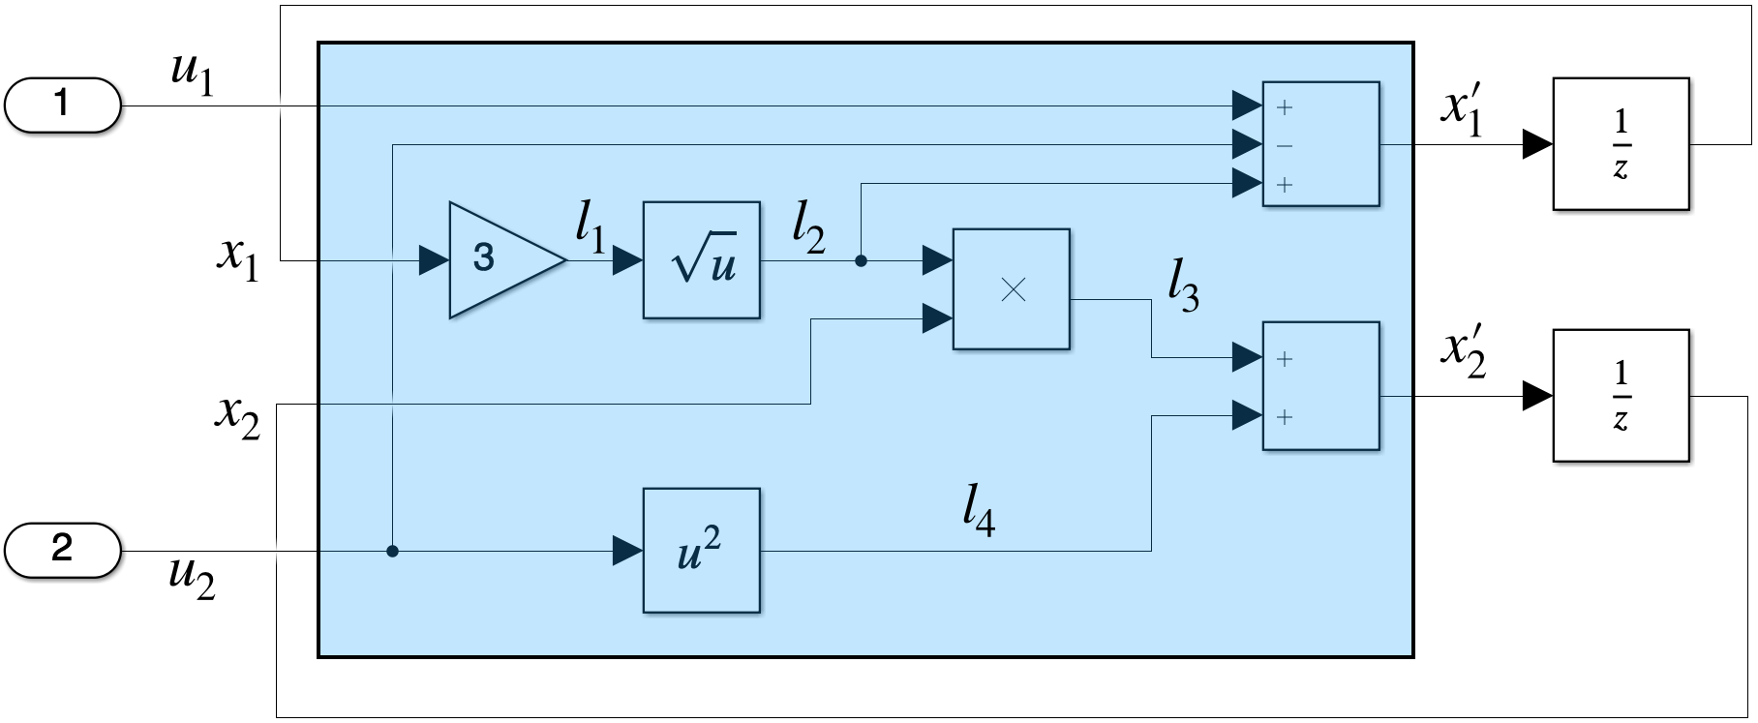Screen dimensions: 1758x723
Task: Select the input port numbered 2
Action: click(x=63, y=551)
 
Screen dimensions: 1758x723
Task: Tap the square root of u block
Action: click(x=702, y=260)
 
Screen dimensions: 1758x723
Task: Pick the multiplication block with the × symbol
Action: click(x=1012, y=289)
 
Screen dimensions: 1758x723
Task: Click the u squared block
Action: click(x=702, y=551)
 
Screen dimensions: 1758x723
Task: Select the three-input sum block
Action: click(x=1321, y=144)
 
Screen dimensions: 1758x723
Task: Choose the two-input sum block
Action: click(x=1321, y=386)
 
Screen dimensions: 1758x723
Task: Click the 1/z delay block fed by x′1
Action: click(x=1622, y=144)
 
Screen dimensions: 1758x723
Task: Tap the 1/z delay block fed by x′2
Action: click(x=1622, y=396)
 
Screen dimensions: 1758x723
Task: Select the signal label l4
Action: click(x=980, y=511)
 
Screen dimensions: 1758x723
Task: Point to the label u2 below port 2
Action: click(x=192, y=578)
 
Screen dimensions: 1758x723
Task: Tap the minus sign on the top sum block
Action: click(x=1285, y=146)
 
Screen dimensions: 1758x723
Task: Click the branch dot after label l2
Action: click(x=861, y=260)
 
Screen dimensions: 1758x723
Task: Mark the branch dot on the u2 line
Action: click(x=392, y=551)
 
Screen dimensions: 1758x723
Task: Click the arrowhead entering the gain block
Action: click(x=435, y=260)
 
